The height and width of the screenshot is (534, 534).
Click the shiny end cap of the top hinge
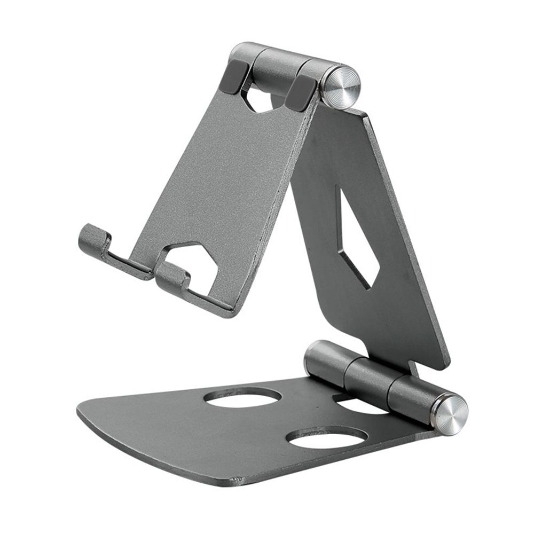(x=340, y=87)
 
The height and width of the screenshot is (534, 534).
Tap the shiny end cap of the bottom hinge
(x=450, y=414)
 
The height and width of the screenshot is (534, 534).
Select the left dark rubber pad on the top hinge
(x=233, y=77)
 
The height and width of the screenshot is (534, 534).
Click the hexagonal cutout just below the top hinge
(x=262, y=99)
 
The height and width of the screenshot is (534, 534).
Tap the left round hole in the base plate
(x=243, y=397)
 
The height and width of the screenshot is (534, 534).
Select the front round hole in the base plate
(x=327, y=437)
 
